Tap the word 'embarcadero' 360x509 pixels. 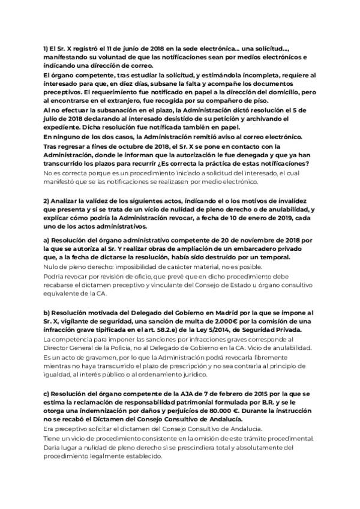pos(250,248)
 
